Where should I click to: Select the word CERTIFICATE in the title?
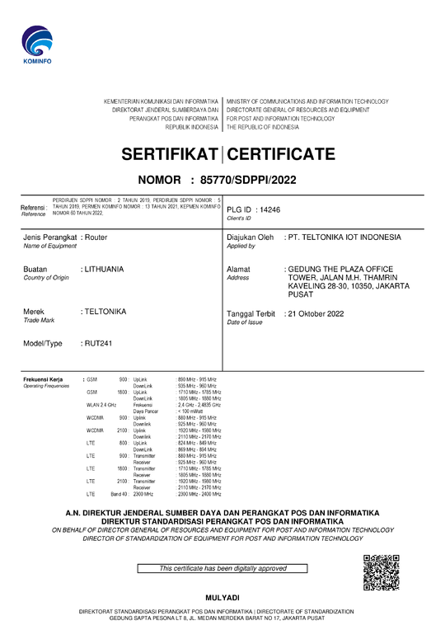tap(281, 154)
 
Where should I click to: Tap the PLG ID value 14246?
tap(269, 210)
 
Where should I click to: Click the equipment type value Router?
tap(96, 237)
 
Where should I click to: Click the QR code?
tap(381, 573)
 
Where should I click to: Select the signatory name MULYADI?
tap(222, 597)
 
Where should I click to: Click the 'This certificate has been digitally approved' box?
tap(222, 568)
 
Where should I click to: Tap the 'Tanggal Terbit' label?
tap(251, 313)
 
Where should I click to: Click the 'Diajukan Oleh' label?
tap(250, 237)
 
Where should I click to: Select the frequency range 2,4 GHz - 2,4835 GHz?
tap(199, 406)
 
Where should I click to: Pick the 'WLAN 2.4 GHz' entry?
tap(101, 406)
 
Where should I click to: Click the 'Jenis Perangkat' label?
tap(50, 237)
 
